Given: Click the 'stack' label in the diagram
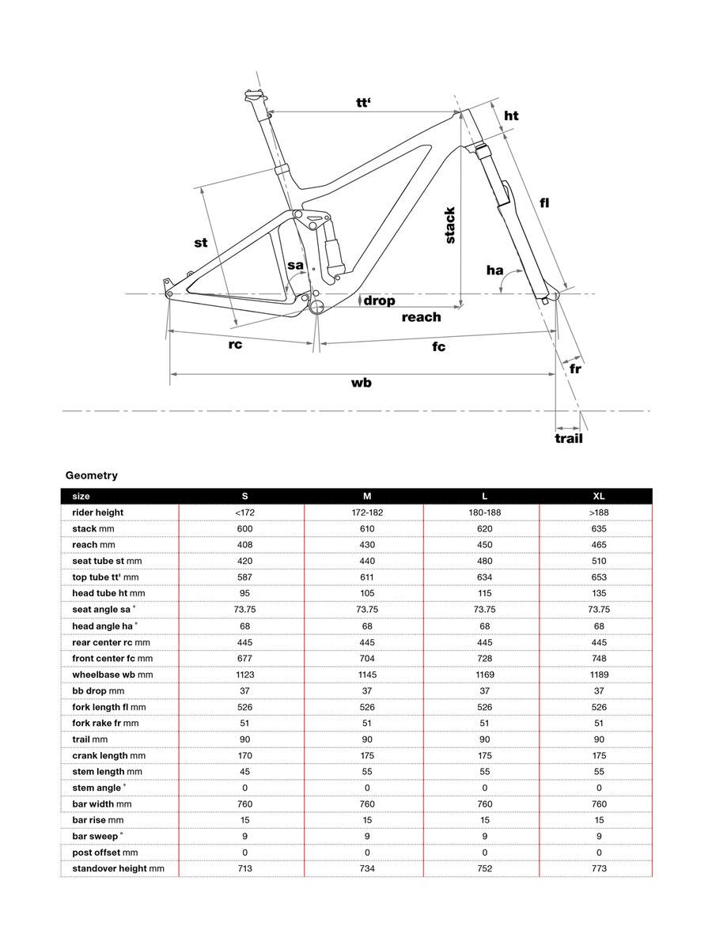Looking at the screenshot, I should pyautogui.click(x=449, y=225).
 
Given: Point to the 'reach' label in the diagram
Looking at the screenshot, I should pyautogui.click(x=421, y=317).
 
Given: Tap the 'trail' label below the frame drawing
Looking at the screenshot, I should pyautogui.click(x=568, y=437).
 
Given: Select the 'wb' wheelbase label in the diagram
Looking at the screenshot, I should pyautogui.click(x=362, y=383).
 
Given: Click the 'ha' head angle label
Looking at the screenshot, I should pyautogui.click(x=495, y=270).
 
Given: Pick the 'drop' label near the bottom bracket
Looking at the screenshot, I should pyautogui.click(x=379, y=301).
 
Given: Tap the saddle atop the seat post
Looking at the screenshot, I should pyautogui.click(x=253, y=96).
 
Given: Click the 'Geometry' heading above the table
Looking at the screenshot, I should pyautogui.click(x=92, y=475).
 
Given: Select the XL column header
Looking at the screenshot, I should pyautogui.click(x=599, y=496).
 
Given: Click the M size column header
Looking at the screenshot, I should pyautogui.click(x=367, y=496).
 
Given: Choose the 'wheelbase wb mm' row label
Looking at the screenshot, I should pyautogui.click(x=112, y=675).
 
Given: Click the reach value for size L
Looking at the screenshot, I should pyautogui.click(x=484, y=545).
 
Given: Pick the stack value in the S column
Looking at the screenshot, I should pyautogui.click(x=244, y=528).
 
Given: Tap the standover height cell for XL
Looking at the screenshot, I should pyautogui.click(x=599, y=868).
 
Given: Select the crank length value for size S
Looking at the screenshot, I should pyautogui.click(x=244, y=755).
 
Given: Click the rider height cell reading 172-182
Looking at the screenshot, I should pyautogui.click(x=367, y=512).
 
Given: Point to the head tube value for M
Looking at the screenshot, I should pyautogui.click(x=367, y=593).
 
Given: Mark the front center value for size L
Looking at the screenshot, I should pyautogui.click(x=484, y=658).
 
